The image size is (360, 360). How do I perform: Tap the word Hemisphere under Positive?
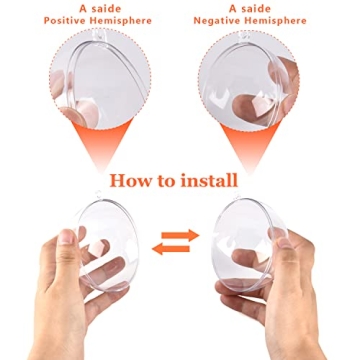point(125,20)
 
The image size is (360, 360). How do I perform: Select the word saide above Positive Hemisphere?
point(97,7)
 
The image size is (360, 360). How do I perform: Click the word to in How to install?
point(166,181)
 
